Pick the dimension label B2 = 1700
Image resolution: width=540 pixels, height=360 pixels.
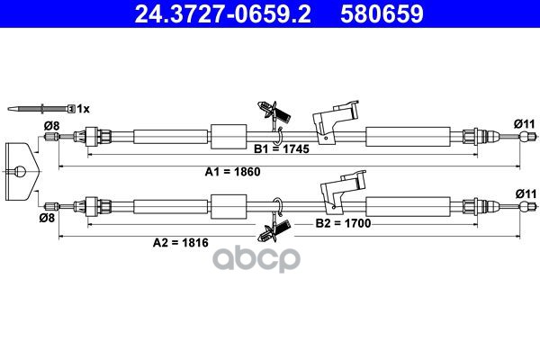point(342,222)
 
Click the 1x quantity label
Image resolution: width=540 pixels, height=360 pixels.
point(84,108)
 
